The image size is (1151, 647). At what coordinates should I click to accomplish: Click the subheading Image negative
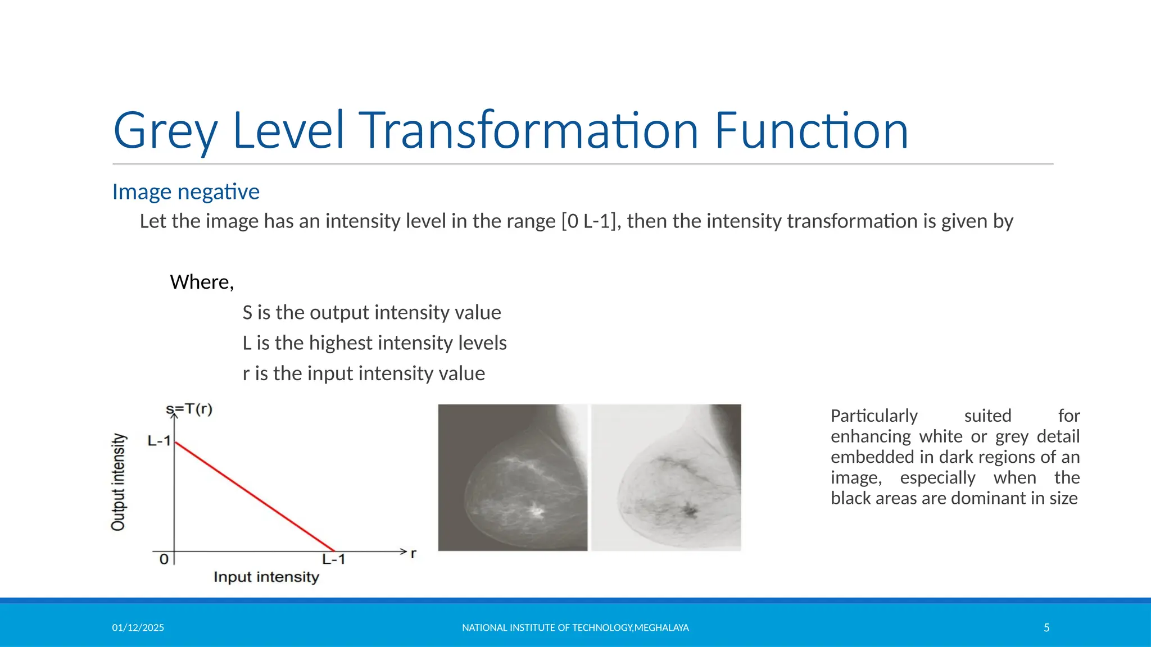tap(185, 192)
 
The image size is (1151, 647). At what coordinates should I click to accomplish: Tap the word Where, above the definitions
tap(202, 282)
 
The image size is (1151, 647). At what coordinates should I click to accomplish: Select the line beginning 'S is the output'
tap(371, 312)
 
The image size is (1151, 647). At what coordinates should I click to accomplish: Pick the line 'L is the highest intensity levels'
tap(374, 343)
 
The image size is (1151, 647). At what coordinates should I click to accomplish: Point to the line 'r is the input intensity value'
tap(364, 373)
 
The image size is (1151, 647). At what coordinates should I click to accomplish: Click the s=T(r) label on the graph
tap(189, 409)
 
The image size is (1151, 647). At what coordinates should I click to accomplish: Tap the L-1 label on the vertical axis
tap(158, 441)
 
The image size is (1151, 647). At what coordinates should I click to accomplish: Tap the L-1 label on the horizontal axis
tap(333, 559)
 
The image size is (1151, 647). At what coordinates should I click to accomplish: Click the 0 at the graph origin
tap(164, 559)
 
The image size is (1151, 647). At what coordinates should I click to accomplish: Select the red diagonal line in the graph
tap(254, 496)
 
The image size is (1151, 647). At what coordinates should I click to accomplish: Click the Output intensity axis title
tap(118, 482)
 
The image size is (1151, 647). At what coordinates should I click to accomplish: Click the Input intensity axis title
tap(266, 577)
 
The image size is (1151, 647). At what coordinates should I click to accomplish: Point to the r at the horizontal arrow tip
tap(414, 553)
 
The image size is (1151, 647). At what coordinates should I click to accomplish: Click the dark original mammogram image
tap(512, 477)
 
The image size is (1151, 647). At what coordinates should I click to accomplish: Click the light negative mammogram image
tap(666, 477)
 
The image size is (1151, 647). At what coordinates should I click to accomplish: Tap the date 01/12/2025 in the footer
tap(138, 628)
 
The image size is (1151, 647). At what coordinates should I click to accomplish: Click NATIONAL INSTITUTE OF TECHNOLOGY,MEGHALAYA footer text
tap(575, 628)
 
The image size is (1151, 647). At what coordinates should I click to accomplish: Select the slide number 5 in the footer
tap(1046, 628)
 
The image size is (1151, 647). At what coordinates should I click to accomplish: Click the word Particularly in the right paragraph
tap(874, 416)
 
